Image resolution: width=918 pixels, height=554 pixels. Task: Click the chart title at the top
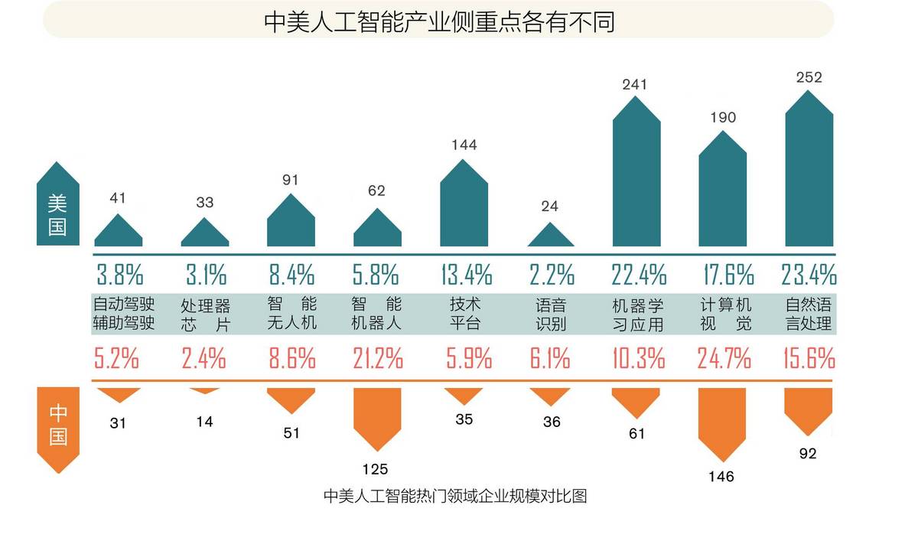tap(439, 22)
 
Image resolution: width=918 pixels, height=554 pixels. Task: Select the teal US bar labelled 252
tap(809, 176)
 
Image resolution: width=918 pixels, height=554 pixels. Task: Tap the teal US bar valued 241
tap(636, 180)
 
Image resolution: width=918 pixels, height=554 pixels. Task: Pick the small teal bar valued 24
tap(550, 238)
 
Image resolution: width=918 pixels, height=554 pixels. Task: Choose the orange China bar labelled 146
tap(721, 421)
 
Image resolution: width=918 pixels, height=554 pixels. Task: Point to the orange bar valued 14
tap(204, 390)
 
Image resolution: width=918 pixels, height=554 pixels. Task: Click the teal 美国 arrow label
tap(57, 205)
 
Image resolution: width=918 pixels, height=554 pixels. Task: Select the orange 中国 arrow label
tap(57, 425)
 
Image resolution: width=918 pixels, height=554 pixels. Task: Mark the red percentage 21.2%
tap(377, 358)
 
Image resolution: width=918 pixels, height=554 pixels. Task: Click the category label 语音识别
tap(551, 314)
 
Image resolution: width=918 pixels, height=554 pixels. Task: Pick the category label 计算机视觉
tap(723, 314)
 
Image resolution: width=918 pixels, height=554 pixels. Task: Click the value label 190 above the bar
tap(722, 117)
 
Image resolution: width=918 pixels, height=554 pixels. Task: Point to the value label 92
tap(807, 454)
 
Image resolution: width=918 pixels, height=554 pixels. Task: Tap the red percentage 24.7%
tap(723, 358)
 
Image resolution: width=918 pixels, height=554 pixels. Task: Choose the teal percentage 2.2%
tap(551, 274)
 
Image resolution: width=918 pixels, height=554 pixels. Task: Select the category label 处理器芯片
tap(205, 314)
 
